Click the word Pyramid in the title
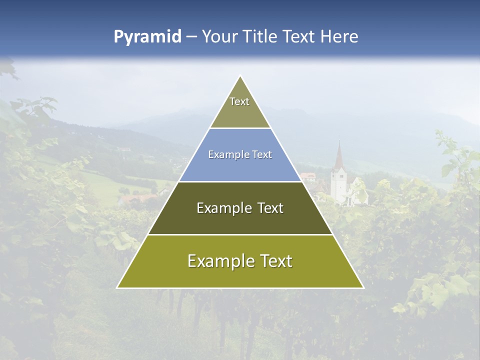click(x=147, y=37)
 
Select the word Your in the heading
click(x=220, y=36)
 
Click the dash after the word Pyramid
click(x=191, y=37)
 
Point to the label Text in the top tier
click(x=239, y=101)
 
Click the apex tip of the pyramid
click(x=240, y=76)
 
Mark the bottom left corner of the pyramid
click(x=117, y=287)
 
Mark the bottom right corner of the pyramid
click(x=363, y=287)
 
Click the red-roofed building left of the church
click(x=308, y=176)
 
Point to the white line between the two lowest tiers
click(x=240, y=234)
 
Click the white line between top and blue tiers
click(x=240, y=128)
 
